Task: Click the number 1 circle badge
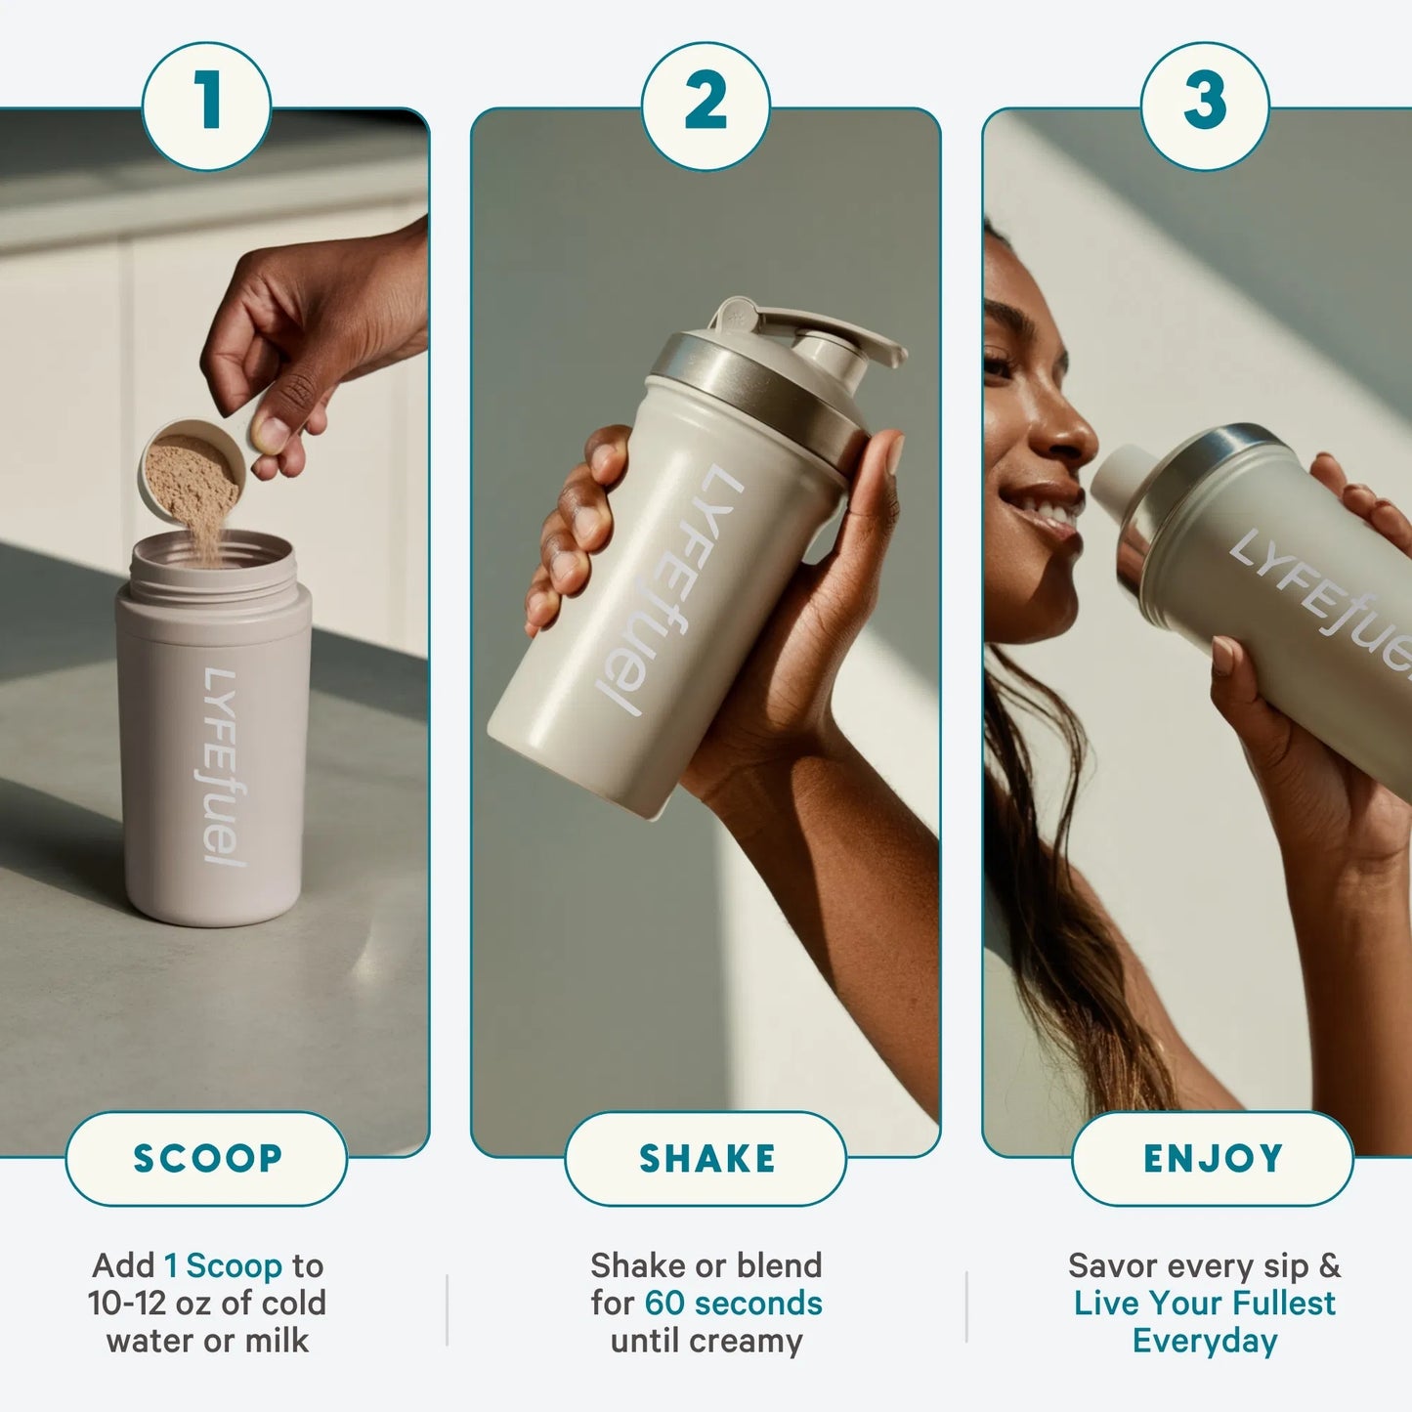click(206, 105)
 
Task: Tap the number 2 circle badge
click(706, 105)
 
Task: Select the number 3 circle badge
click(1205, 105)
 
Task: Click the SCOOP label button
click(206, 1159)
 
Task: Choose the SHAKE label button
click(706, 1159)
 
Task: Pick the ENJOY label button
click(1213, 1159)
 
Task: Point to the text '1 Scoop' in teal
click(223, 1265)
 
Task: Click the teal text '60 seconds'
click(733, 1304)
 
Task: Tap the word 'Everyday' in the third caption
click(1205, 1341)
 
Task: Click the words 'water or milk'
click(207, 1341)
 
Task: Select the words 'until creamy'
click(706, 1341)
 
